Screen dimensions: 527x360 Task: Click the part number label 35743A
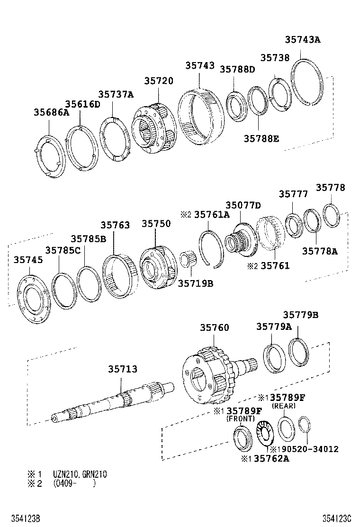(302, 40)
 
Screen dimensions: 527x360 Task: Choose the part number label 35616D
(82, 104)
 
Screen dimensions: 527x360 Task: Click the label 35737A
(116, 94)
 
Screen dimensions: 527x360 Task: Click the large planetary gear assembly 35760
(208, 375)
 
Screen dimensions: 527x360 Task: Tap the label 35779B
(300, 315)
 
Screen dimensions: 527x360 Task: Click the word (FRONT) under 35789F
(241, 418)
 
